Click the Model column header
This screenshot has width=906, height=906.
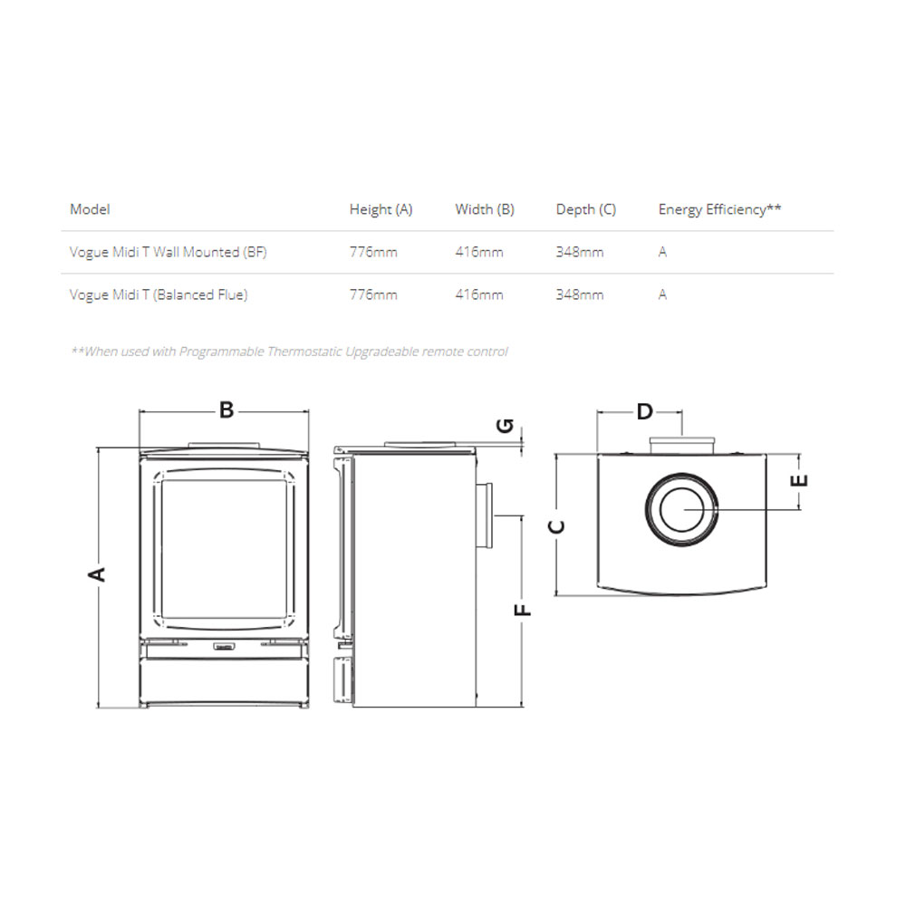(90, 209)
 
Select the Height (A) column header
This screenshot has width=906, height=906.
(381, 209)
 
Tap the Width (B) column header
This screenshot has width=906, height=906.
(484, 209)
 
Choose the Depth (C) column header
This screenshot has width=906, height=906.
(586, 209)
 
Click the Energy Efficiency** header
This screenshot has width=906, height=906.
(719, 209)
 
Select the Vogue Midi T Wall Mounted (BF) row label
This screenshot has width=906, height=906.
(169, 252)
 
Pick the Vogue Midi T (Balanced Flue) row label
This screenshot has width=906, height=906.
(159, 294)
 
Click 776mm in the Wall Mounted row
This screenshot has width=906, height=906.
(373, 252)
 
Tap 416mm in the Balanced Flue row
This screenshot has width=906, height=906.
(479, 294)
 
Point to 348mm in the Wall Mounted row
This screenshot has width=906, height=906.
(580, 252)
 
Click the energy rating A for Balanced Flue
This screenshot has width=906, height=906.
(662, 294)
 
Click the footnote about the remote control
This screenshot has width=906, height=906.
(289, 352)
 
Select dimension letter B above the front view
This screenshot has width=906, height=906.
(226, 410)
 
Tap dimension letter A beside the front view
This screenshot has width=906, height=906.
(97, 574)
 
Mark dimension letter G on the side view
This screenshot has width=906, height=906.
(505, 426)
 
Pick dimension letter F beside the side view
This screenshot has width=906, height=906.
(523, 610)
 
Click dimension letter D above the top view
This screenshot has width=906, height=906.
(645, 412)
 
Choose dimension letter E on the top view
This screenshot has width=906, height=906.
(799, 480)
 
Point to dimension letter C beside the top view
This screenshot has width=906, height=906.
(556, 526)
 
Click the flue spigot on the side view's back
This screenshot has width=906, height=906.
(485, 516)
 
